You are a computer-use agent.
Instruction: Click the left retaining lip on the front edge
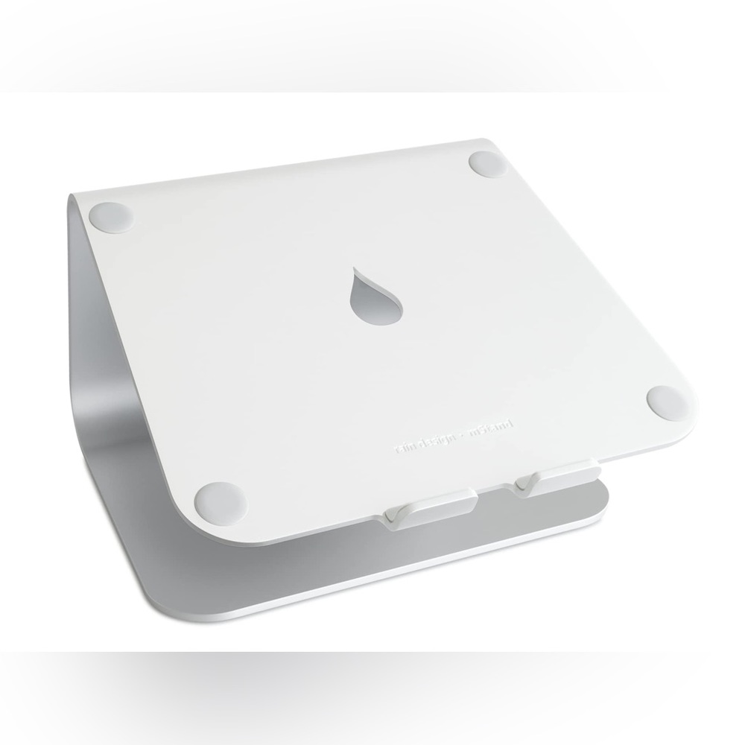tap(428, 511)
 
